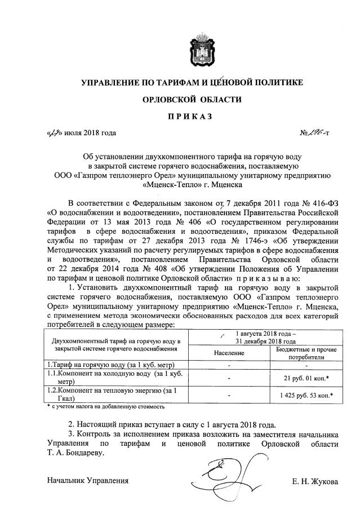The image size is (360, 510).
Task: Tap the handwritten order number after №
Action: [316, 133]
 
